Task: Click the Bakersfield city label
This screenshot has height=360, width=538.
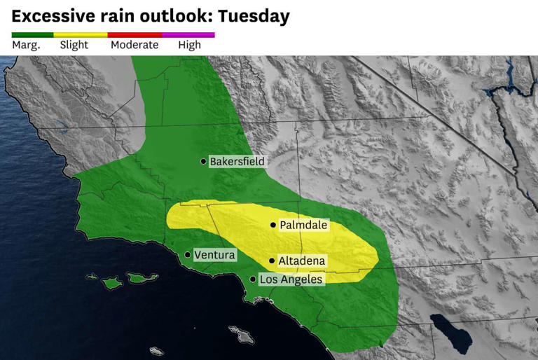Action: pos(237,162)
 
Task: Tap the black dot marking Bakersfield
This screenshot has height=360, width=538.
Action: pos(204,162)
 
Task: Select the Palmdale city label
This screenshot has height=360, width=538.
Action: pos(303,226)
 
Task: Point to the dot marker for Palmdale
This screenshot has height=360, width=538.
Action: pos(273,226)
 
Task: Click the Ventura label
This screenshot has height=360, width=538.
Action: pos(214,255)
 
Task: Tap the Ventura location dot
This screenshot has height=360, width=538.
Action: pos(188,255)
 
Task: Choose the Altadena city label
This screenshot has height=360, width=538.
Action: pos(302,261)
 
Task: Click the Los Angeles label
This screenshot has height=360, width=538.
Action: pos(291,279)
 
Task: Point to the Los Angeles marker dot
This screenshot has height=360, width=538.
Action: pos(253,279)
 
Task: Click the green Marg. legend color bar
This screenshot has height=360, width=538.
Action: pos(32,34)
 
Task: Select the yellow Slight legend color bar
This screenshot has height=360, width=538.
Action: pos(81,34)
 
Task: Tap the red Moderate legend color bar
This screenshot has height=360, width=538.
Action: pos(134,34)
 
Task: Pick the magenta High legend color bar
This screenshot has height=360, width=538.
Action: pos(188,34)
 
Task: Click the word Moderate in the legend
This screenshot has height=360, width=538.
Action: pos(134,46)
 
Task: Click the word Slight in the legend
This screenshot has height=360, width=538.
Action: pos(74,46)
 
